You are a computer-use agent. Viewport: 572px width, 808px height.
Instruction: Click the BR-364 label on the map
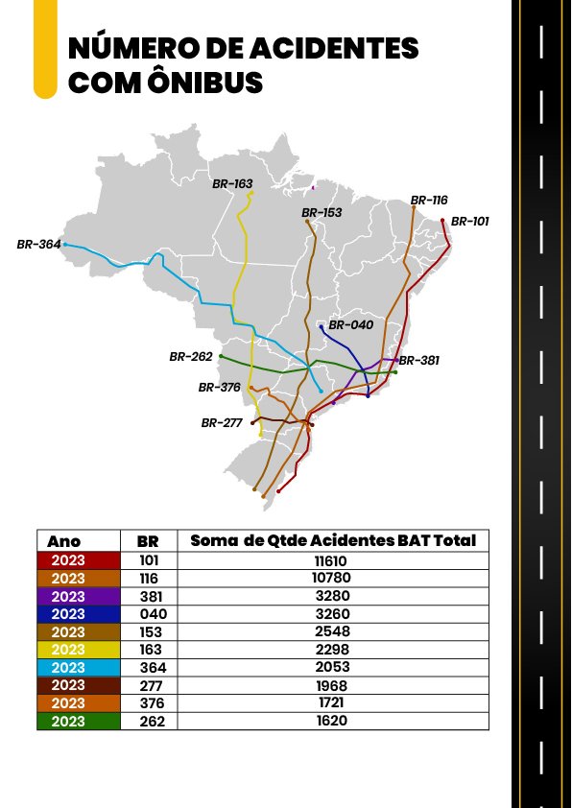(38, 245)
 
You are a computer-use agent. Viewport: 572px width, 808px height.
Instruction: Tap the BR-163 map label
(232, 182)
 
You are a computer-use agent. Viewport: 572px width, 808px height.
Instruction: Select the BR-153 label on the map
(322, 213)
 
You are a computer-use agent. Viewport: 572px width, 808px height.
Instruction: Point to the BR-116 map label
(429, 201)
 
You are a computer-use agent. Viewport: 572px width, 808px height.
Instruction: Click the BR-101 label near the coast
(469, 221)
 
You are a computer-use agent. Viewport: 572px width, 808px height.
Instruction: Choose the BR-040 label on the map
(350, 325)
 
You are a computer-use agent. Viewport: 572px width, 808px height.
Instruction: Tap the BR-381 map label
(418, 361)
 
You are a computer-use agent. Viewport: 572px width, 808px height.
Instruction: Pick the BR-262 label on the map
(191, 356)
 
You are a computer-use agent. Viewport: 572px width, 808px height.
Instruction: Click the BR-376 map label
(220, 388)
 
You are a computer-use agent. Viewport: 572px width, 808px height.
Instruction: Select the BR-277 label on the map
(222, 422)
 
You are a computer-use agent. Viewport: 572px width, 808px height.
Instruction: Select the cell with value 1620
(333, 720)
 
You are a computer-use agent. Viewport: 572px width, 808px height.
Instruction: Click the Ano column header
(64, 541)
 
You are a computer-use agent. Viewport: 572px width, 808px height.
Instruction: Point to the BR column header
(148, 541)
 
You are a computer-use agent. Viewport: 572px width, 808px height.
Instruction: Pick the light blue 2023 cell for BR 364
(79, 667)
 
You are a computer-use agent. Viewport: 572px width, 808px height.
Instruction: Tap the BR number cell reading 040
(148, 614)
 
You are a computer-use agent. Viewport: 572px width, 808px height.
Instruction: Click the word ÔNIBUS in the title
(206, 83)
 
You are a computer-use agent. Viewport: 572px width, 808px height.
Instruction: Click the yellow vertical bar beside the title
(45, 48)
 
